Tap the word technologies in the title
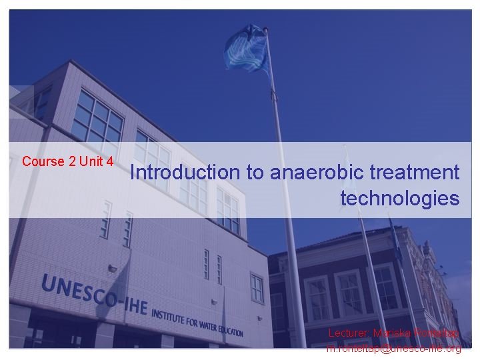click(x=400, y=198)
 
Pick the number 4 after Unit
click(x=109, y=161)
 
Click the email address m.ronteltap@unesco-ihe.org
click(x=393, y=349)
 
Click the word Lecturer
click(x=348, y=332)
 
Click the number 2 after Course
click(x=72, y=161)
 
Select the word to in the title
click(x=255, y=173)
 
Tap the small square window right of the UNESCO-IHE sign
click(x=257, y=288)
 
